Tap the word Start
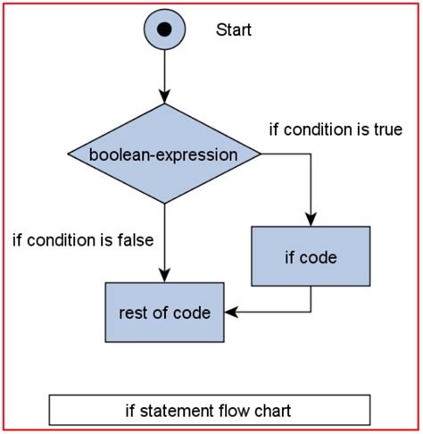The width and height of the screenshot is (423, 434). click(x=234, y=29)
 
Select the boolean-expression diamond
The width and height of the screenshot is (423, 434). click(x=164, y=154)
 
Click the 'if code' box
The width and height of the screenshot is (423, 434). click(x=311, y=259)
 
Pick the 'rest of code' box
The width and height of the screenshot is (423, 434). click(x=164, y=313)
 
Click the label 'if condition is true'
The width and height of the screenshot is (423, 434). click(x=336, y=129)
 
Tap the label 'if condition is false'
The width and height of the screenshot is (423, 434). click(x=83, y=239)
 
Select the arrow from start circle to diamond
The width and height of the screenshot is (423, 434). click(x=164, y=76)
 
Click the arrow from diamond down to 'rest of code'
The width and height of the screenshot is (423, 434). click(x=164, y=241)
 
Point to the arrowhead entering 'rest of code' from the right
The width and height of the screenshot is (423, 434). click(x=229, y=312)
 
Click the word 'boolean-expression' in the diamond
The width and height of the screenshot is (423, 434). click(x=164, y=154)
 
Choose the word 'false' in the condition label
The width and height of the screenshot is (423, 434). click(x=135, y=239)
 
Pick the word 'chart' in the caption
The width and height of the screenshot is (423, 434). click(x=271, y=411)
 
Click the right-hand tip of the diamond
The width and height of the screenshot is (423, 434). click(x=260, y=154)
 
